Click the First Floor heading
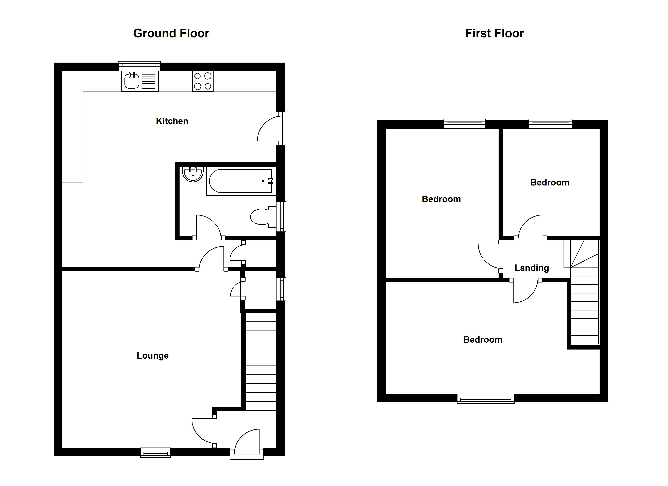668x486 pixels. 495,33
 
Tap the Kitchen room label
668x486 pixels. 172,121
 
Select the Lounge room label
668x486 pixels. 153,356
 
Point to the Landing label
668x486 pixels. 532,268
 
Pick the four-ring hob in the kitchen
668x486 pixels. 203,81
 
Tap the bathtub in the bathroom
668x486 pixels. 241,181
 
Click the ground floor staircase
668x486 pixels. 261,361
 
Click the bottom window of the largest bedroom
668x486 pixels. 486,399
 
